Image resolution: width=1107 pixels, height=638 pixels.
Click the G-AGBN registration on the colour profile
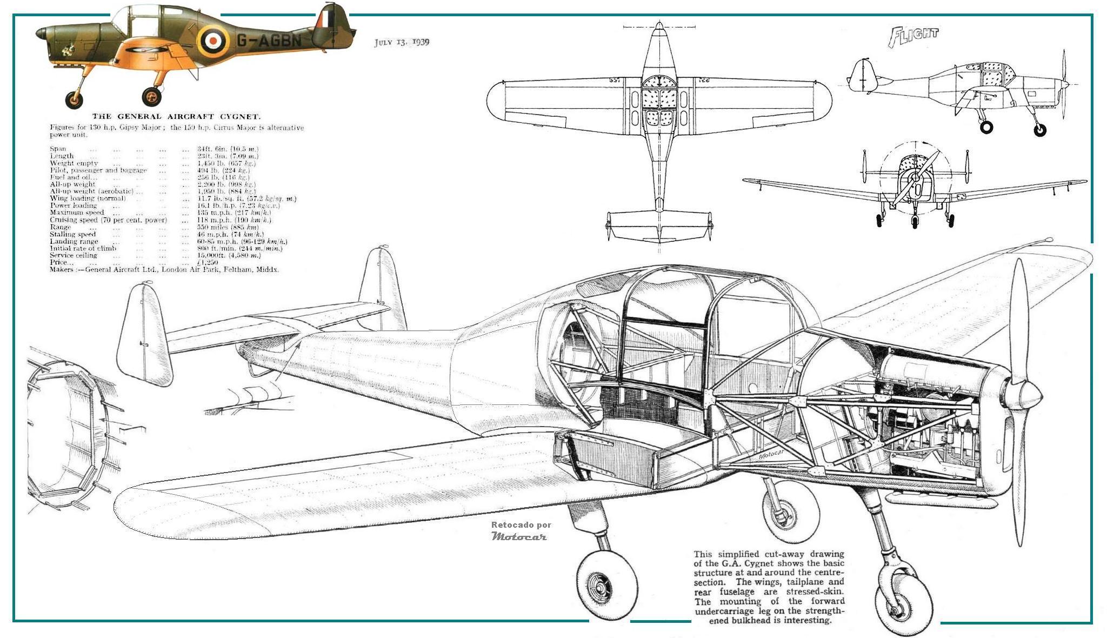pos(268,40)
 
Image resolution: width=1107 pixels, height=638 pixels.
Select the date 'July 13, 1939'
pos(402,42)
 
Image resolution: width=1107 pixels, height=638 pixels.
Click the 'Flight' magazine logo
pos(913,36)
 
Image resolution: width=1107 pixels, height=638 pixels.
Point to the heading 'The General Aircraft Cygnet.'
pos(176,116)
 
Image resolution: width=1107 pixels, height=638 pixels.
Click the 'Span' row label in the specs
pos(58,149)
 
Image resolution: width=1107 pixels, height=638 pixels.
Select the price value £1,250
pos(208,262)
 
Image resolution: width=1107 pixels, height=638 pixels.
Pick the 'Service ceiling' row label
pos(74,255)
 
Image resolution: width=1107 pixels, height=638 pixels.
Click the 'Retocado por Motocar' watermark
pos(520,531)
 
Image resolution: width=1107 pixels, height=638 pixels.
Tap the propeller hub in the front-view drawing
pos(915,177)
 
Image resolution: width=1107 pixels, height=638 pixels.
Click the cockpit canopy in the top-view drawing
pos(658,99)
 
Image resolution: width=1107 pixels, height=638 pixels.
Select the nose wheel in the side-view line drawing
pos(1039,130)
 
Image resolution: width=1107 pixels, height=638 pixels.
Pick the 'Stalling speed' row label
pos(73,234)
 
